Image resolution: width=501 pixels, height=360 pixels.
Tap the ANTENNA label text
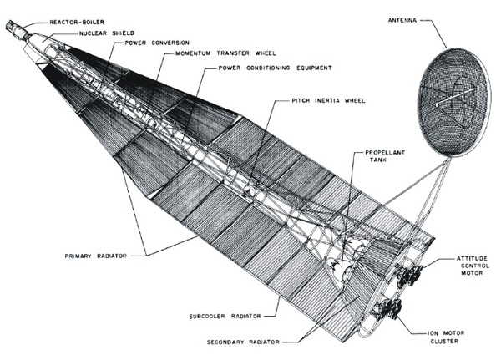click(x=413, y=19)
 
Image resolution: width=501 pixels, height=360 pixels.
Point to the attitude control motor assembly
click(x=409, y=273)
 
